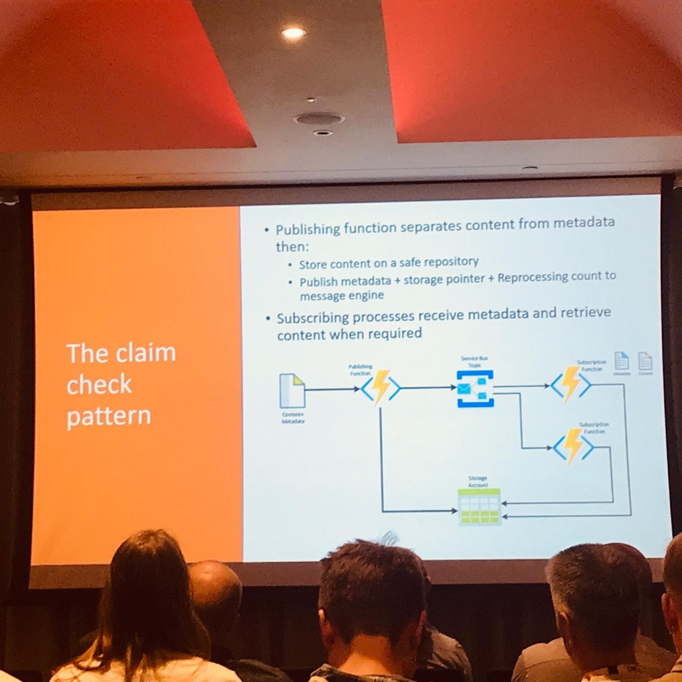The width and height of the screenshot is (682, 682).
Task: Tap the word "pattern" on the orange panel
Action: click(109, 416)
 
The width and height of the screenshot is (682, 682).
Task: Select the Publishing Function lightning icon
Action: click(380, 387)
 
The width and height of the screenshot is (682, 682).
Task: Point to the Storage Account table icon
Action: click(480, 507)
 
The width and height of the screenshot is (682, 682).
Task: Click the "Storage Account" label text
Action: click(477, 482)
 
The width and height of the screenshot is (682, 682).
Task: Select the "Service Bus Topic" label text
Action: click(474, 362)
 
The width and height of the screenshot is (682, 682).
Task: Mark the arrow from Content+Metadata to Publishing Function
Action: click(332, 389)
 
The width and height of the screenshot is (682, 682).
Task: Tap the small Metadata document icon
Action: click(622, 361)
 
